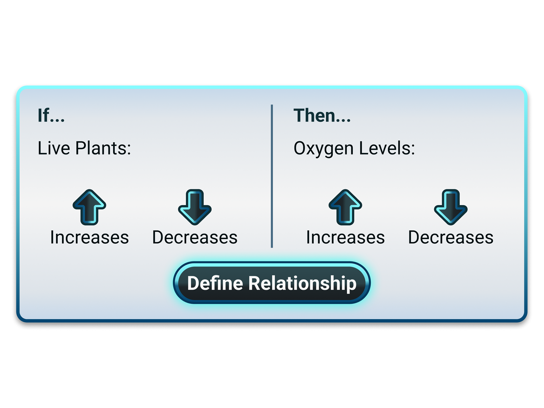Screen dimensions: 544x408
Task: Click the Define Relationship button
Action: coord(272,283)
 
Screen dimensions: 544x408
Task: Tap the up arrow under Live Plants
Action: coord(89,207)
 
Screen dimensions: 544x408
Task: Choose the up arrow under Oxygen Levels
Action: coord(345,207)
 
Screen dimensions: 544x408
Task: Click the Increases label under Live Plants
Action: coord(89,237)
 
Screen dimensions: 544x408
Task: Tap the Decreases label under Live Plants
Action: coord(195,237)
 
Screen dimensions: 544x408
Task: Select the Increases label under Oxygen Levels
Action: coord(345,237)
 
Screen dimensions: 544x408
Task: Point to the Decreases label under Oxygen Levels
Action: coord(450,237)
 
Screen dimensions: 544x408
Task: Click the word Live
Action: coord(54,148)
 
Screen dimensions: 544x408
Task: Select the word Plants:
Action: coord(103,148)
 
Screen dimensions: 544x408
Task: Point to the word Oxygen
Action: coord(323,149)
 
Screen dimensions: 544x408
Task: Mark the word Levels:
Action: coord(387,148)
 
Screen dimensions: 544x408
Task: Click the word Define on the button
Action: coord(215,283)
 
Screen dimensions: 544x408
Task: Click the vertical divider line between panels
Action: coord(272,176)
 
